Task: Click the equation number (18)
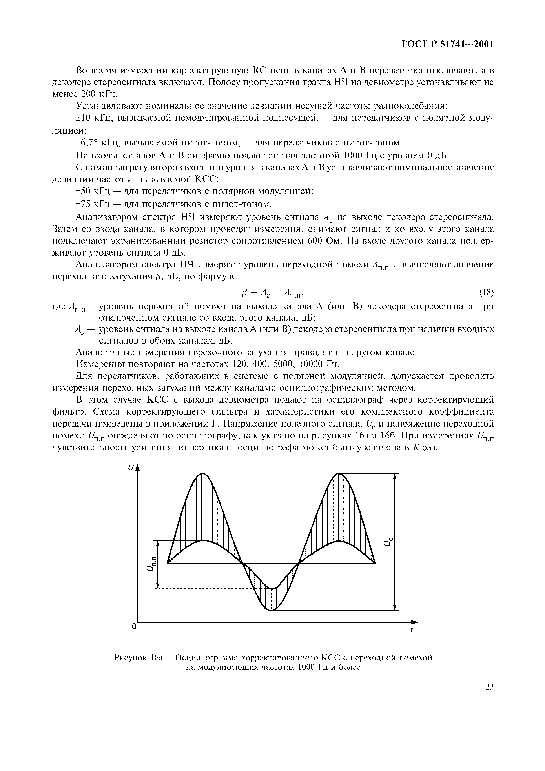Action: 486,293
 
